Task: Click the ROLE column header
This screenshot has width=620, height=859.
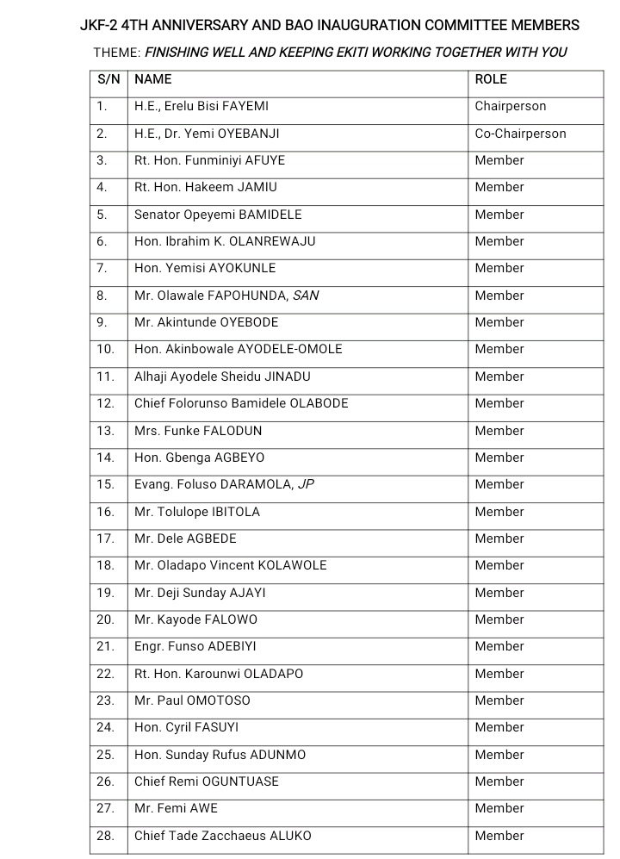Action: click(x=491, y=79)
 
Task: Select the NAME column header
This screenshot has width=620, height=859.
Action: click(x=153, y=79)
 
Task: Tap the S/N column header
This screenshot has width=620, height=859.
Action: click(x=108, y=79)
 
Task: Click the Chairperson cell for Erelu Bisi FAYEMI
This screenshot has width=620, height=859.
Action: click(x=511, y=106)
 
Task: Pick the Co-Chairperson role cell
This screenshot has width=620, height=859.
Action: click(x=520, y=134)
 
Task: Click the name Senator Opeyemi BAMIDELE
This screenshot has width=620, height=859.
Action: click(x=218, y=215)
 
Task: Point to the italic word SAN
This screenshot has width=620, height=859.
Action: click(x=306, y=296)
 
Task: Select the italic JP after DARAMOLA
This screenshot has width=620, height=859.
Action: click(x=306, y=484)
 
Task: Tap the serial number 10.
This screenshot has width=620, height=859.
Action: click(x=106, y=349)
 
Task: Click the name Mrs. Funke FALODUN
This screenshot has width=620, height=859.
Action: click(x=198, y=430)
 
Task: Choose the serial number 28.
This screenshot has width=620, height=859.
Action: click(x=106, y=835)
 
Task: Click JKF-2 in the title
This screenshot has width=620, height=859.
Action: click(x=99, y=26)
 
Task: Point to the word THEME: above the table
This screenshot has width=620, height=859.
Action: click(x=117, y=53)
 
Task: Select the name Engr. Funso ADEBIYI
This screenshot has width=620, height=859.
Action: click(x=195, y=646)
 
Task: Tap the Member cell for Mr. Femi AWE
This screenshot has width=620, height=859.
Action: click(x=499, y=808)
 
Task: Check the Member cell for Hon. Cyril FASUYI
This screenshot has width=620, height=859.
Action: click(x=499, y=727)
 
